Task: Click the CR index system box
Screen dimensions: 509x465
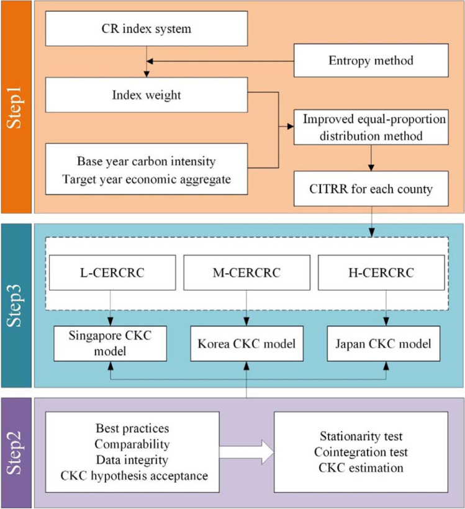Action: (147, 29)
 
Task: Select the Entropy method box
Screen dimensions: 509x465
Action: (370, 61)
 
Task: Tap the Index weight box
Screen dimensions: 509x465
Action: (147, 94)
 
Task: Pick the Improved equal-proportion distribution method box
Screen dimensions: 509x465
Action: (370, 127)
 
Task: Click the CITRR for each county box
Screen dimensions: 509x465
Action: (370, 189)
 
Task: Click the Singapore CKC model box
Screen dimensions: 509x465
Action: (110, 342)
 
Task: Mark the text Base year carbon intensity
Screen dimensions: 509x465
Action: (147, 161)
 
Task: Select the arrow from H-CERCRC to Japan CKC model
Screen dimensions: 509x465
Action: (386, 307)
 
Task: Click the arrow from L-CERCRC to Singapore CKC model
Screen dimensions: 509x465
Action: (110, 307)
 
